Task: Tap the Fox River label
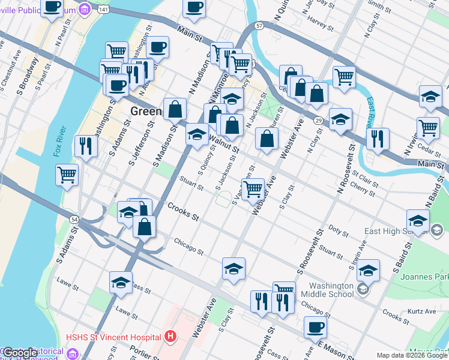coord(59,144)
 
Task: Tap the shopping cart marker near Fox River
coord(67,176)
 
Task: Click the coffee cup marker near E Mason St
coord(315,329)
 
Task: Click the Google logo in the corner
coord(19,353)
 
